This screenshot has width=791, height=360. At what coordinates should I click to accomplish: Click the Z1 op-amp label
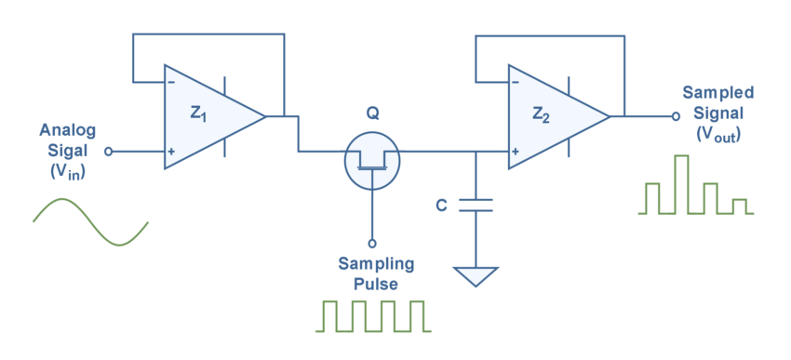[x=199, y=113]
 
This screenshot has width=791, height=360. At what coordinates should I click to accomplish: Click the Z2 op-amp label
[x=543, y=113]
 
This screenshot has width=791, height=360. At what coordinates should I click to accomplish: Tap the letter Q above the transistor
[x=372, y=114]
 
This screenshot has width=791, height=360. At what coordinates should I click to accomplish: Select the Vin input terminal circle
[x=109, y=151]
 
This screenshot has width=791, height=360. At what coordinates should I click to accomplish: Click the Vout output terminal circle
[x=676, y=116]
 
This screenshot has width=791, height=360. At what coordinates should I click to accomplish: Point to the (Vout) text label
[x=717, y=134]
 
